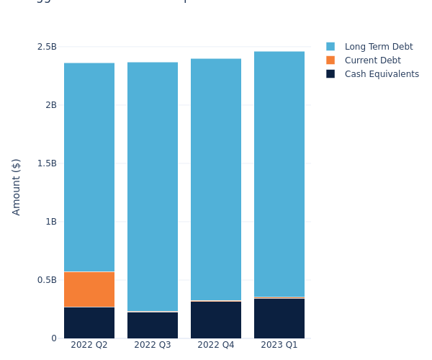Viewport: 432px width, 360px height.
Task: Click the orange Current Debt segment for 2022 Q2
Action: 89,289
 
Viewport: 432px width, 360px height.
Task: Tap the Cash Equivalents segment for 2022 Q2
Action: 89,323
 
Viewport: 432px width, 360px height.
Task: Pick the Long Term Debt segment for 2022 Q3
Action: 153,186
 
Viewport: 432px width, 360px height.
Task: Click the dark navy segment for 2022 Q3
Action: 153,325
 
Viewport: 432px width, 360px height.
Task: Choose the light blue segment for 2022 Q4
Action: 216,179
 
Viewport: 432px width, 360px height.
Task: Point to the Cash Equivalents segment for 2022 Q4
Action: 216,320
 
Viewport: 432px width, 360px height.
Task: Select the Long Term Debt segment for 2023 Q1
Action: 279,174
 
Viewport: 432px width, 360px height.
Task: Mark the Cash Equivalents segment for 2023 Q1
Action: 279,318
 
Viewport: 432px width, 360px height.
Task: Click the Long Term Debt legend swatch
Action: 330,47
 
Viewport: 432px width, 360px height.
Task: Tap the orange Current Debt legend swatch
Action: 330,60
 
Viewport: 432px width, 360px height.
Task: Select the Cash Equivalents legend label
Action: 382,74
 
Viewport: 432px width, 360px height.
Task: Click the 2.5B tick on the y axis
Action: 47,47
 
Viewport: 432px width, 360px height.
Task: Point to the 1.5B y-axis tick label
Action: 47,163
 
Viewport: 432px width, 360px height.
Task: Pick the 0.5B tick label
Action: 47,280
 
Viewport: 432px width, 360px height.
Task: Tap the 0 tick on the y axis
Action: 53,338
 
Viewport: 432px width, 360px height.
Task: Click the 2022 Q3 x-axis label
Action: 153,345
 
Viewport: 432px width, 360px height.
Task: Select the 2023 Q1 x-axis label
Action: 279,345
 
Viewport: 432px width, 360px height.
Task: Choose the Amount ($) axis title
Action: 17,186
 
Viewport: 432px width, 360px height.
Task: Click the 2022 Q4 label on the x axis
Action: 216,345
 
